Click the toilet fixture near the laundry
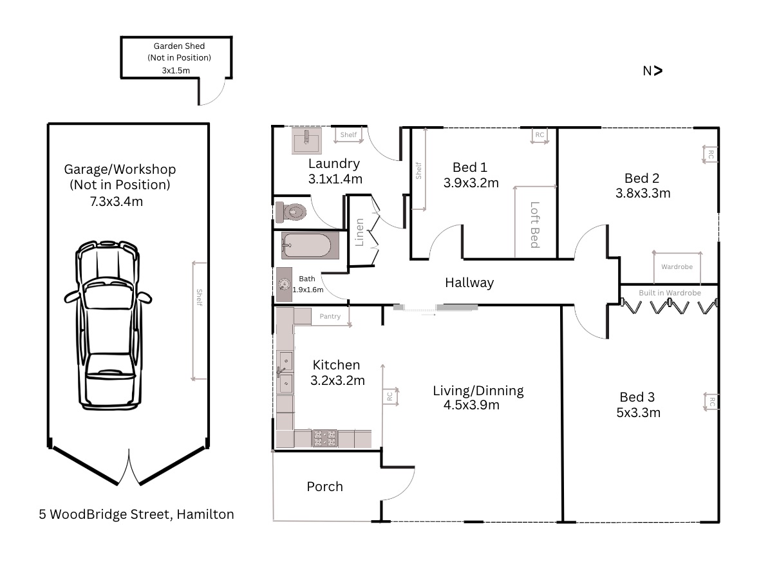[x=291, y=212]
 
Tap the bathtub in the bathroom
[x=310, y=245]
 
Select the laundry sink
[x=307, y=141]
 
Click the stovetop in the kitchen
[x=325, y=438]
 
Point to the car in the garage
[x=108, y=325]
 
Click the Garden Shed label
[x=179, y=46]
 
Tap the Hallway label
[x=469, y=283]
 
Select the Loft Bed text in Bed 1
[x=535, y=225]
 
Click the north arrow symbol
[x=653, y=71]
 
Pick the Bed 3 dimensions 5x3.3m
[x=639, y=413]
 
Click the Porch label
[x=324, y=487]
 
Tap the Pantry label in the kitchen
[x=330, y=316]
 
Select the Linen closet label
[x=359, y=232]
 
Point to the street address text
[x=136, y=514]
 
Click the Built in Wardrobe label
[x=670, y=293]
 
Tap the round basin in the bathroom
[x=284, y=284]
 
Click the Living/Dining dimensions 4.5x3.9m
[x=471, y=405]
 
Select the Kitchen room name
[x=336, y=365]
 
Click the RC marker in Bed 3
[x=711, y=402]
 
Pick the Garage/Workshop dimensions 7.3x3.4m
[x=117, y=201]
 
